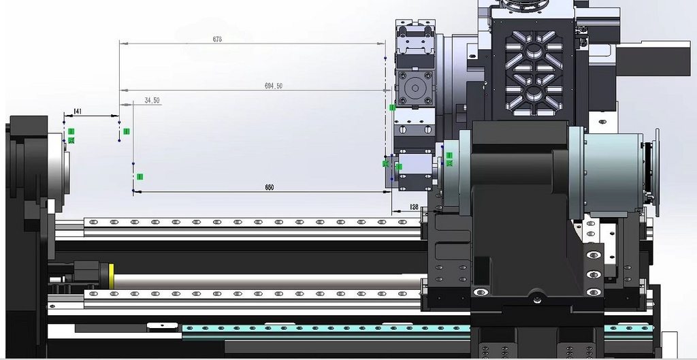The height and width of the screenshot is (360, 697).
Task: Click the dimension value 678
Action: coord(217,39)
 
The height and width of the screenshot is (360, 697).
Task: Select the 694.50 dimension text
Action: coord(274,86)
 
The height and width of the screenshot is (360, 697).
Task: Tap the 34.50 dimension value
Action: coord(152,101)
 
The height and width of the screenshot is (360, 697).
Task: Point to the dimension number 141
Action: coord(78,111)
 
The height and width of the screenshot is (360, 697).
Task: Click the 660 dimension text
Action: coord(270,187)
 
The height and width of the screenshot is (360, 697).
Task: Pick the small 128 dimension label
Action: coord(414,207)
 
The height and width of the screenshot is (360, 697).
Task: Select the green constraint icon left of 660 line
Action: coord(140,177)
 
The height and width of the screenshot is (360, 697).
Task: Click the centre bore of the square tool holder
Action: coord(414,89)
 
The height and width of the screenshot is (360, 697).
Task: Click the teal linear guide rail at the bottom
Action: coord(327,329)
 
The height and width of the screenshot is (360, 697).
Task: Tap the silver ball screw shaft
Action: coord(272,279)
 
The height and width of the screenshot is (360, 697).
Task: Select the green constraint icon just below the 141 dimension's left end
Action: coord(71,131)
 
